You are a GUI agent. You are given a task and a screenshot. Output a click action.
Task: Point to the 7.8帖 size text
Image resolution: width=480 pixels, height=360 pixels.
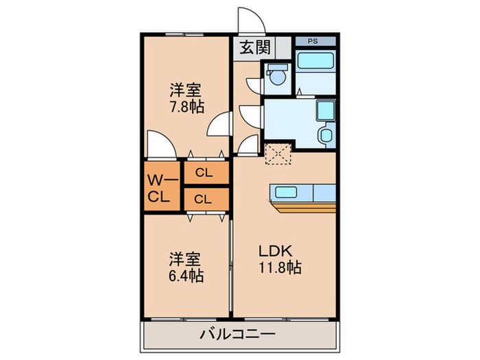pos(187,107)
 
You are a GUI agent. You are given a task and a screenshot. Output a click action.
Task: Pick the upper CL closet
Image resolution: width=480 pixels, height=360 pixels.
pos(204,173)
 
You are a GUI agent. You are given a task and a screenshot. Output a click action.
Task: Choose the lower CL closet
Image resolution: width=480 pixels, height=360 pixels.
pos(204,200)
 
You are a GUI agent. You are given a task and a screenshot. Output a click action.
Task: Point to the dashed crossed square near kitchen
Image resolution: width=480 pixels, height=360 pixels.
pos(278,154)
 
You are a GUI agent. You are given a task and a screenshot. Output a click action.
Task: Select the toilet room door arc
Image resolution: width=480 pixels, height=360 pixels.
pos(255,86)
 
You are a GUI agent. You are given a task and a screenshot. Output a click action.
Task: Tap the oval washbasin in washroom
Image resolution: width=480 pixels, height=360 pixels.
pos(326,134)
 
